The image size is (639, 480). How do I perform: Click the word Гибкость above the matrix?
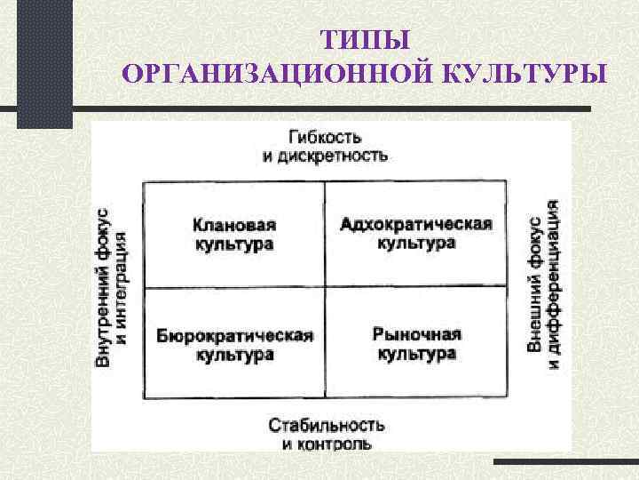pyautogui.click(x=325, y=137)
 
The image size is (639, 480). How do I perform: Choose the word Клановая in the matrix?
pyautogui.click(x=233, y=225)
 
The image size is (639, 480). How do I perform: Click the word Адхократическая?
pyautogui.click(x=415, y=223)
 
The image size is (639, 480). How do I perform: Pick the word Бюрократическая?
pyautogui.click(x=234, y=335)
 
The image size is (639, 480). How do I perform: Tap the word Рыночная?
pyautogui.click(x=416, y=334)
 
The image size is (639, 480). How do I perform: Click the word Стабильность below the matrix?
pyautogui.click(x=326, y=424)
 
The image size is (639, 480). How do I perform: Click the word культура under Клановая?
pyautogui.click(x=233, y=244)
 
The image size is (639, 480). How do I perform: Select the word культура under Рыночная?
pyautogui.click(x=416, y=353)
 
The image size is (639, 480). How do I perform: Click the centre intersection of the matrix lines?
pyautogui.click(x=325, y=288)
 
